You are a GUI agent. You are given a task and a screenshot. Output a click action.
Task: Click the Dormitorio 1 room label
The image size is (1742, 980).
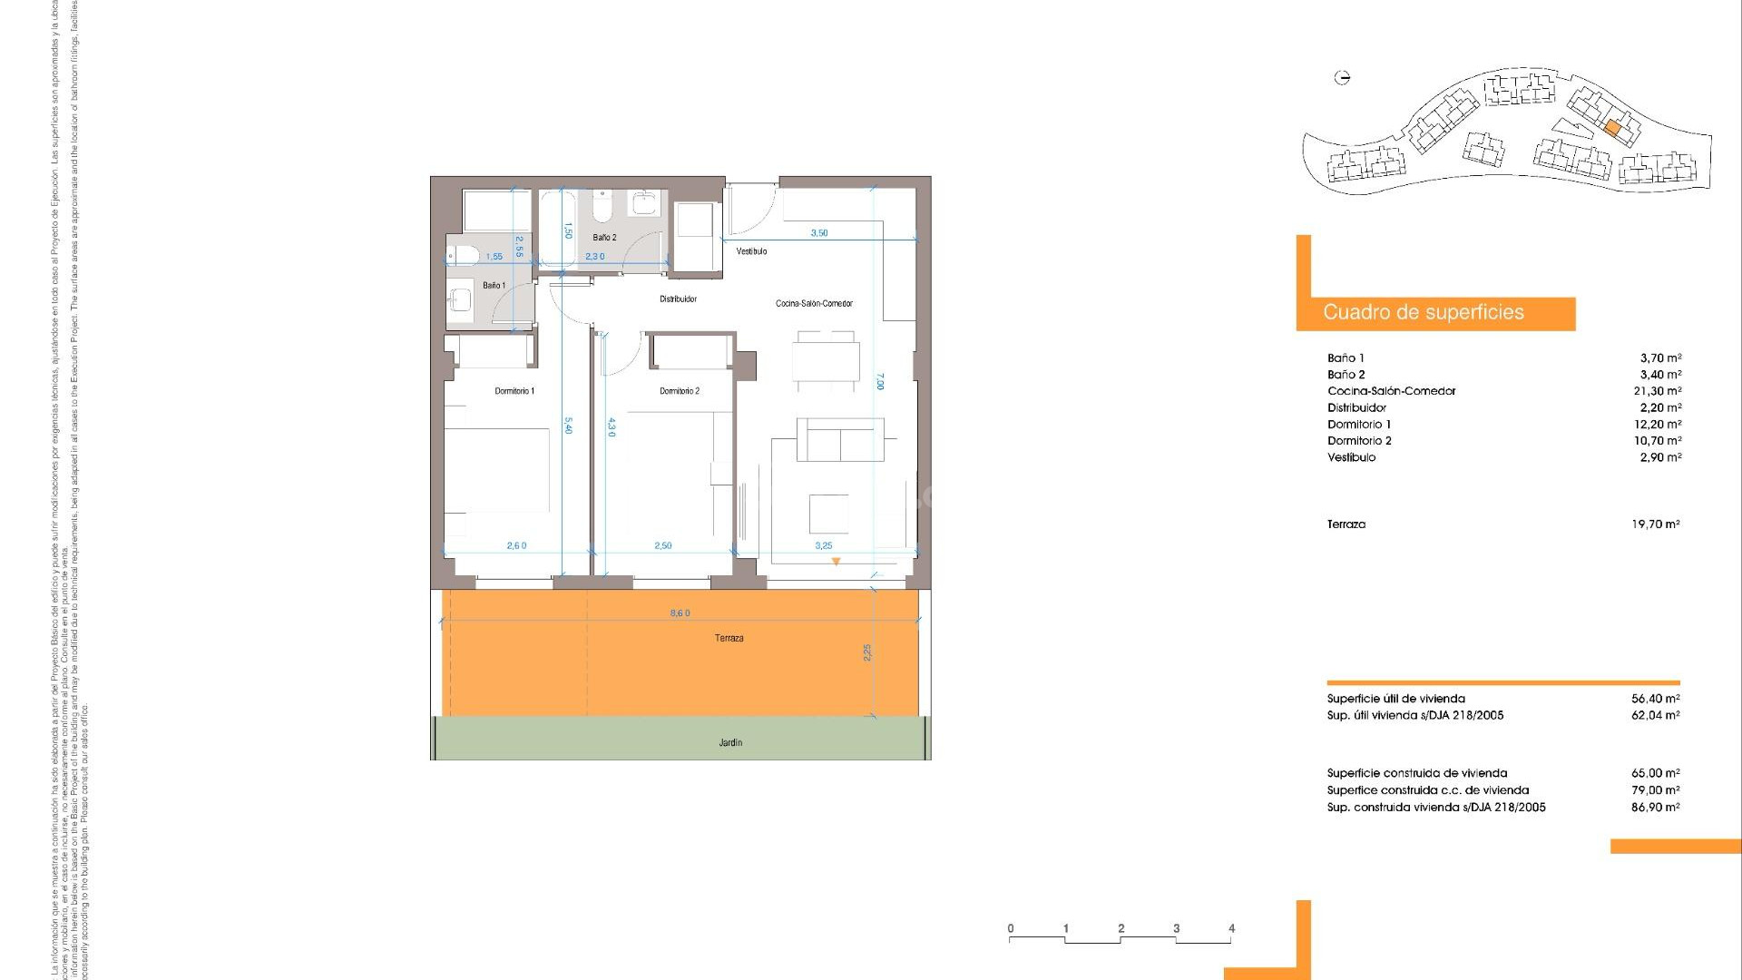tap(514, 391)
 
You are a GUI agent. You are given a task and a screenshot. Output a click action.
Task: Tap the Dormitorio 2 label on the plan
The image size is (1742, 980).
tap(680, 391)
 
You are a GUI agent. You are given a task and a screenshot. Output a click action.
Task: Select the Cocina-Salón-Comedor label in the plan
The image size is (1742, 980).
tap(814, 303)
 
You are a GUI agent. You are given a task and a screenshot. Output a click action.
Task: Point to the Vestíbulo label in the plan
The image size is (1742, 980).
tap(751, 251)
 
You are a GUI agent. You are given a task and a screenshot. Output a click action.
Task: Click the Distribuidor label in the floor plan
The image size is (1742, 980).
tap(678, 299)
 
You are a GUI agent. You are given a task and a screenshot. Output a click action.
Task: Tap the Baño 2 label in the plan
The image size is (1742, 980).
tap(604, 238)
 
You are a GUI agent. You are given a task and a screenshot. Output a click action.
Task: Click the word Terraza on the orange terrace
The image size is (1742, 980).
tap(729, 638)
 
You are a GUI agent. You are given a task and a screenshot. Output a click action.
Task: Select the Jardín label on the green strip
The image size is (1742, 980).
tap(730, 742)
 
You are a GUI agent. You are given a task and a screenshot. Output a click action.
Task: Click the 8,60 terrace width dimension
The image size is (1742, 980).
tap(680, 613)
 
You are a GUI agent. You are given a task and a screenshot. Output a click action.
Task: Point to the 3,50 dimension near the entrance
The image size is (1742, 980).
tap(818, 233)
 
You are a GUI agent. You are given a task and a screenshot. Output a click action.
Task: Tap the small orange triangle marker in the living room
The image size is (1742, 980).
tap(836, 563)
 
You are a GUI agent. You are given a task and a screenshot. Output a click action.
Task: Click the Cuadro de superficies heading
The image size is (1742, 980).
tap(1423, 313)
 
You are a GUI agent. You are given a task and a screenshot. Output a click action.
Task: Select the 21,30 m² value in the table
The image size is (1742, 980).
tap(1659, 391)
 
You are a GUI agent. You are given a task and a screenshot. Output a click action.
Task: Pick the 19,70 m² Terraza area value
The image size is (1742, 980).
tap(1655, 524)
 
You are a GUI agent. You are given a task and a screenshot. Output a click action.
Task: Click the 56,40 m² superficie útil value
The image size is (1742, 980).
tap(1655, 699)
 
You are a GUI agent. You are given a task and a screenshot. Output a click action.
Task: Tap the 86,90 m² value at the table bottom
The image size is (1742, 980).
tap(1655, 807)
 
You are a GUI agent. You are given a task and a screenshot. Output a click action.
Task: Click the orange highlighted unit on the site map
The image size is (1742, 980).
tap(1611, 129)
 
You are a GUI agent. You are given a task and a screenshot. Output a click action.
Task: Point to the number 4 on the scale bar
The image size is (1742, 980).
tap(1231, 928)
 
